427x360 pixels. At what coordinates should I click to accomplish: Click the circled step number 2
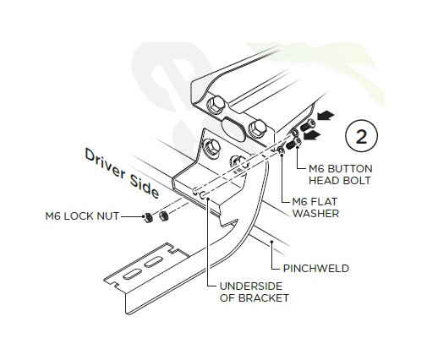click(361, 136)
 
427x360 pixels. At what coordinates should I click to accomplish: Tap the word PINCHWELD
click(316, 269)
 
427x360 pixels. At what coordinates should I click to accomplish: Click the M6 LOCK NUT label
click(82, 216)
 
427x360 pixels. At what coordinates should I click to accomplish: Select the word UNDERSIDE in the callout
click(251, 286)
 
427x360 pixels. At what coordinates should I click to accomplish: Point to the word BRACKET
click(264, 298)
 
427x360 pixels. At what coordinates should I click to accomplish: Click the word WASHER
click(315, 213)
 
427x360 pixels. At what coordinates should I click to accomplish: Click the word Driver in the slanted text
click(105, 163)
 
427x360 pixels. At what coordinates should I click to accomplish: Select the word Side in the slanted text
click(145, 186)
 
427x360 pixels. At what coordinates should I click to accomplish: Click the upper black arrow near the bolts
click(326, 116)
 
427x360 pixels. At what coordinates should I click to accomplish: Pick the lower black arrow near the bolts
click(312, 135)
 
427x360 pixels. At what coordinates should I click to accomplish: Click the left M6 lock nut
click(148, 217)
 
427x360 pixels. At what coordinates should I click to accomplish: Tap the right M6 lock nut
click(163, 216)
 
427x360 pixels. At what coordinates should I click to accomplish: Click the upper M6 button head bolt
click(308, 125)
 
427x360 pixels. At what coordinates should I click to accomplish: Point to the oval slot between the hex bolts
click(233, 129)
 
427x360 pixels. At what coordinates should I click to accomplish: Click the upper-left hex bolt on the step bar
click(216, 106)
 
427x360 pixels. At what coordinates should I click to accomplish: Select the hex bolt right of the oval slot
click(257, 128)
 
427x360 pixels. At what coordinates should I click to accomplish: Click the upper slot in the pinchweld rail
click(154, 261)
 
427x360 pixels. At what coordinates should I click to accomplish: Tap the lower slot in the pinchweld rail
click(132, 274)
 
